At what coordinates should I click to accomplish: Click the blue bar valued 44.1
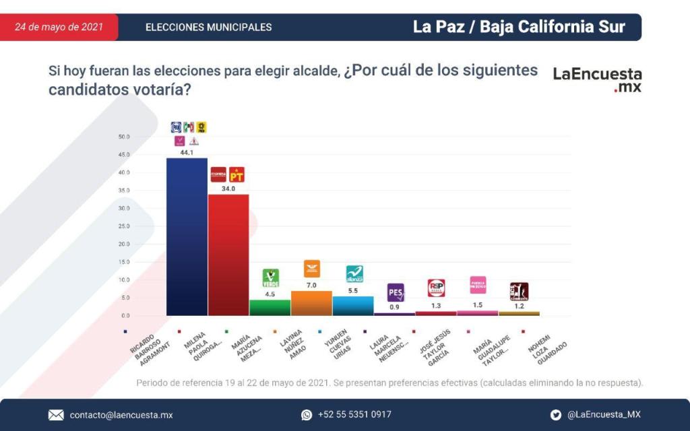[x=187, y=236]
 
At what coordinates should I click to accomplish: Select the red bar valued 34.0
[x=228, y=255]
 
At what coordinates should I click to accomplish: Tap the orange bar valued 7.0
[x=311, y=303]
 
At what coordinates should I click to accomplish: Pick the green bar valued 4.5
[x=270, y=307]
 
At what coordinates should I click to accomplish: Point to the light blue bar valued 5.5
[x=353, y=306]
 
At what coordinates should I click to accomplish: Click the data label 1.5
[x=478, y=305]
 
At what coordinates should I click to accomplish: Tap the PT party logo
[x=237, y=175]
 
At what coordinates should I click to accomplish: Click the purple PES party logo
[x=396, y=292]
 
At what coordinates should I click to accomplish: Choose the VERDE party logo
[x=270, y=277]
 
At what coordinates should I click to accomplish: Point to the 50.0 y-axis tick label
[x=123, y=137]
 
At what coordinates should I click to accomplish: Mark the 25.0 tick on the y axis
[x=123, y=226]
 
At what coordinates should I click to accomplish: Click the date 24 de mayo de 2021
[x=59, y=27]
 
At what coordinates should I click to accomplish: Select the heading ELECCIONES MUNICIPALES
[x=208, y=28]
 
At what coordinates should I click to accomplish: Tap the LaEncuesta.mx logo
[x=597, y=79]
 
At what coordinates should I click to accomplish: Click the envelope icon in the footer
[x=56, y=415]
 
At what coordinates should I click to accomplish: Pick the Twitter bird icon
[x=555, y=415]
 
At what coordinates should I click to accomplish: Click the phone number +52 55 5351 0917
[x=354, y=415]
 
